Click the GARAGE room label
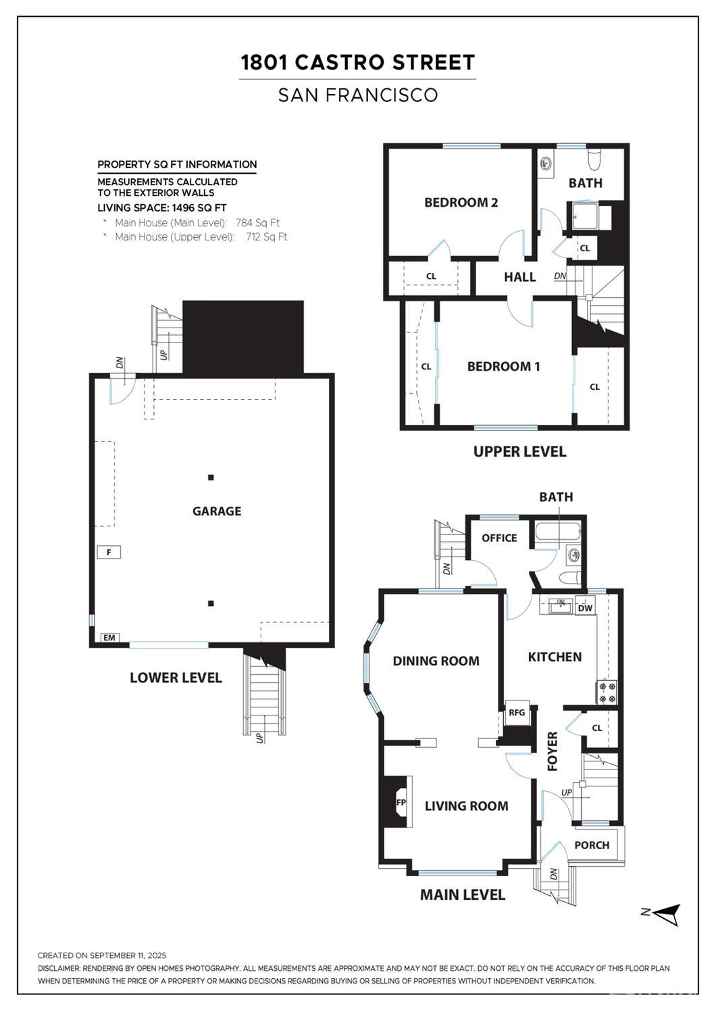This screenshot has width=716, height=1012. tap(217, 511)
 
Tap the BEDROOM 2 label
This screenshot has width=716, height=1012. tap(461, 203)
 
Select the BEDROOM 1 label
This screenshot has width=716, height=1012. tap(503, 366)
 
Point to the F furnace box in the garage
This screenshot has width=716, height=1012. tap(109, 552)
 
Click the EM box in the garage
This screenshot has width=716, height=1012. tap(109, 638)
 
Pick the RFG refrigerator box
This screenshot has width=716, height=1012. tap(517, 713)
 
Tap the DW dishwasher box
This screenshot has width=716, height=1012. tap(585, 608)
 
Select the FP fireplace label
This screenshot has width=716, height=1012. tap(401, 803)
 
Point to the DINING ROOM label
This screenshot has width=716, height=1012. tap(436, 661)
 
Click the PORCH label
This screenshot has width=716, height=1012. tap(592, 845)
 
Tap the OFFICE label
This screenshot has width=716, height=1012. tap(499, 538)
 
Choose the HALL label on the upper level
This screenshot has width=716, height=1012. tap(520, 277)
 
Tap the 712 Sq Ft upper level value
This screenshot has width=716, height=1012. tap(267, 236)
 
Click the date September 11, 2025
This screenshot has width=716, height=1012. tap(128, 955)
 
